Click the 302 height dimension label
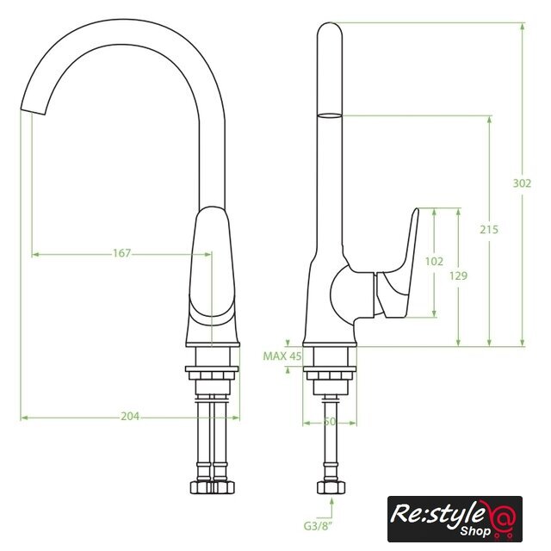pos(522,183)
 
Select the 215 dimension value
pos(489,230)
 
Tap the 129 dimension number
pos(459,275)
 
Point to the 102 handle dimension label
pos(434,262)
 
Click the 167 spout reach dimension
pos(122,253)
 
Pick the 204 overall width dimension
pos(130,417)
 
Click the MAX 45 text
pos(282,356)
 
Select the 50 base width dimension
pos(330,422)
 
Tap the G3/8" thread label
pos(319,526)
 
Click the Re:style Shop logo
pos(455,518)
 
